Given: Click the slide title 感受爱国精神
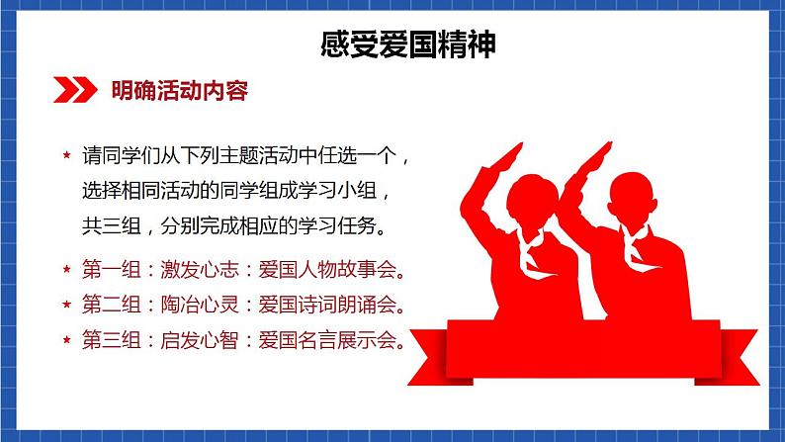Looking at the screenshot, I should coord(394,44).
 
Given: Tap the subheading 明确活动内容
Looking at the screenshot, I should coord(179,92).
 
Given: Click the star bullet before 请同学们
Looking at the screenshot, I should coord(66,157).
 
